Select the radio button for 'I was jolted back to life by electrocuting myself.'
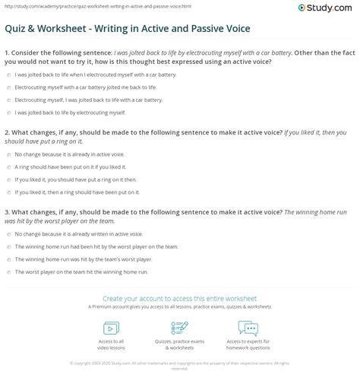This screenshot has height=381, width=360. [8, 113]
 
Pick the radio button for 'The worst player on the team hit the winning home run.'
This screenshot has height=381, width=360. [8, 271]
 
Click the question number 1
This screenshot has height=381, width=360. [7, 54]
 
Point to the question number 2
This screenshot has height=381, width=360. [7, 129]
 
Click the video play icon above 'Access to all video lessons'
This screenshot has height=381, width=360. [111, 328]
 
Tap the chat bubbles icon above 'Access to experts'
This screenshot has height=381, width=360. [248, 328]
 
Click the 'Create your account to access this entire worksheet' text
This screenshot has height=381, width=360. [180, 299]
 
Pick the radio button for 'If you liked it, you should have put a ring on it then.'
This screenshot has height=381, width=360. [8, 180]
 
